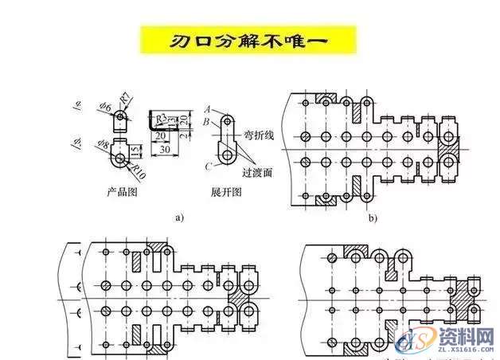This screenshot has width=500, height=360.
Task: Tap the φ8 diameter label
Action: [105, 145]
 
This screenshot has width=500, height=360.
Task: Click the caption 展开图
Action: [226, 193]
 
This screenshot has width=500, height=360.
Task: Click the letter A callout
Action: [207, 108]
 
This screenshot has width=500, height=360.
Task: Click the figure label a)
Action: [156, 216]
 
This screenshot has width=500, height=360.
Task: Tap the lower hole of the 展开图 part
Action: [228, 155]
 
